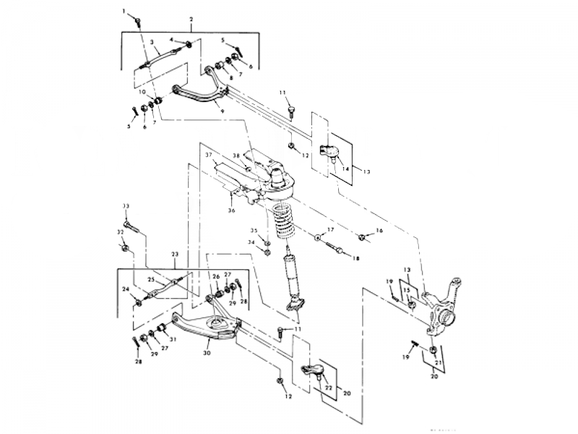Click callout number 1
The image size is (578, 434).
(x=124, y=11)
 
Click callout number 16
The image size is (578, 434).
(x=380, y=231)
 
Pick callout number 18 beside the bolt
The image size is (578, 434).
(x=355, y=258)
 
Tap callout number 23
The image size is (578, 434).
(x=174, y=254)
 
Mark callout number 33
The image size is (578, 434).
(x=126, y=206)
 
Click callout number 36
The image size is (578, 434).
(x=231, y=210)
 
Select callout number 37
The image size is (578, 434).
(x=208, y=155)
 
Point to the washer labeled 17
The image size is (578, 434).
(x=318, y=237)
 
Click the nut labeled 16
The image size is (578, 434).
(x=361, y=235)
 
